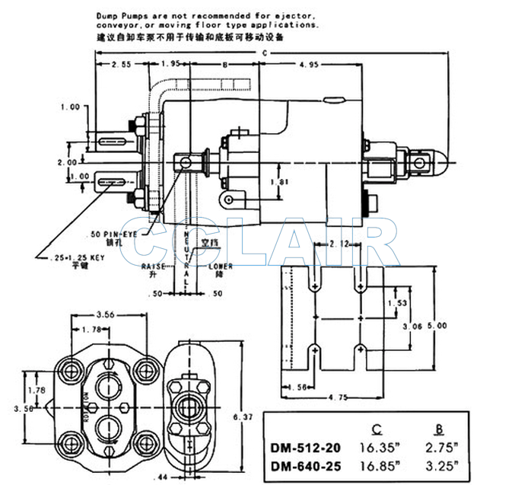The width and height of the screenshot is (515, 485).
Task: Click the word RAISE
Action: point(154,266)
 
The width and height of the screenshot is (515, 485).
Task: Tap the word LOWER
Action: point(221,266)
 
